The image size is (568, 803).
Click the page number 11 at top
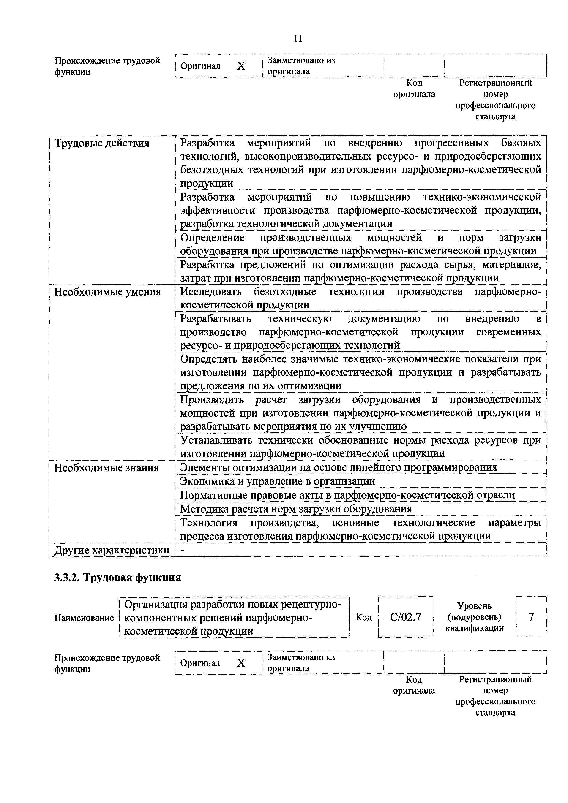pos(298,39)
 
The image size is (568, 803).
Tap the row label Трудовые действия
pos(102,143)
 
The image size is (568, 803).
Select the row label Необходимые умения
pos(107,292)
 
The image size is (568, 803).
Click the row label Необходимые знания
pos(106,468)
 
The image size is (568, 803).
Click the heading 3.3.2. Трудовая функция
pos(117,578)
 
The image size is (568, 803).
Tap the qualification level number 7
pos(531,617)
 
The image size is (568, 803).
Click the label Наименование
pos(84,618)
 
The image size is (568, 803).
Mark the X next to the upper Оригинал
pos(241,66)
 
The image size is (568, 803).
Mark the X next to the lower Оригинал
pos(241,663)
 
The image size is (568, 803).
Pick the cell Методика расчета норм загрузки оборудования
pos(296,509)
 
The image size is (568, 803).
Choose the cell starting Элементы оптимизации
pos(339,468)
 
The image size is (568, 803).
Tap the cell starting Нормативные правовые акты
pos(347,495)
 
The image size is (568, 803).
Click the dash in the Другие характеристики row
pos(182,551)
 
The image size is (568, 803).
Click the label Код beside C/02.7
pos(364,618)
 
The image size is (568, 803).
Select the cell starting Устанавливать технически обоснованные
pos(360,447)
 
